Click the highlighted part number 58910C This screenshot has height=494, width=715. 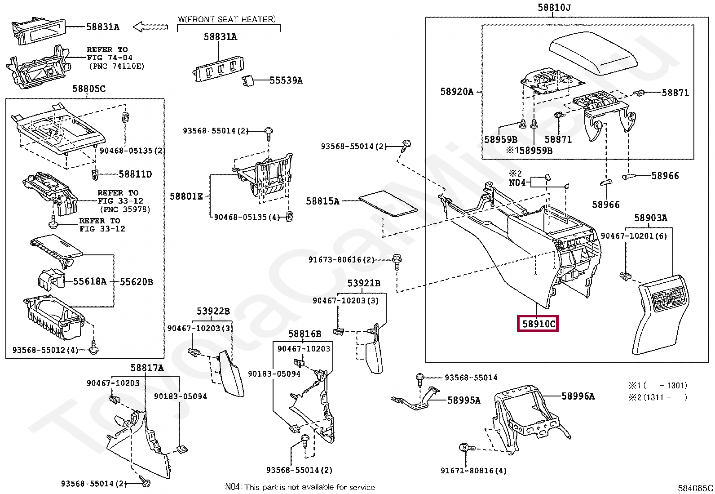coord(538,324)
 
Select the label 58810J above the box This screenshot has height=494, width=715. coord(554,8)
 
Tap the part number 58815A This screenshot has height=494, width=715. coord(322,201)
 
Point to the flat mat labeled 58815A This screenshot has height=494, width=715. coord(388,203)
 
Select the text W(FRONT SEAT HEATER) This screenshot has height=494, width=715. coord(227,19)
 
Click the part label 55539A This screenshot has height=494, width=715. coord(286,80)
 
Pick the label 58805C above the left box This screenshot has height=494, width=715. coord(89,89)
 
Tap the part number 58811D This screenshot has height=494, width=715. coord(135,174)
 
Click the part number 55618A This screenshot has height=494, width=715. coord(90,282)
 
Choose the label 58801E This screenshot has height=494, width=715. coord(186,196)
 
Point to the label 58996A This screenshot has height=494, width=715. coord(578,396)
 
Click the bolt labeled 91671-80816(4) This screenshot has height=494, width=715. coord(465,448)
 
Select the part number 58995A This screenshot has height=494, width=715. coord(463,400)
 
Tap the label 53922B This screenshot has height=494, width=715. coord(213,311)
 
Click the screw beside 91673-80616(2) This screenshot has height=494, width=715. coord(397,261)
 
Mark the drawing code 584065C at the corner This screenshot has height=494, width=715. coord(695,488)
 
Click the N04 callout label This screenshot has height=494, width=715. coord(517,182)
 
